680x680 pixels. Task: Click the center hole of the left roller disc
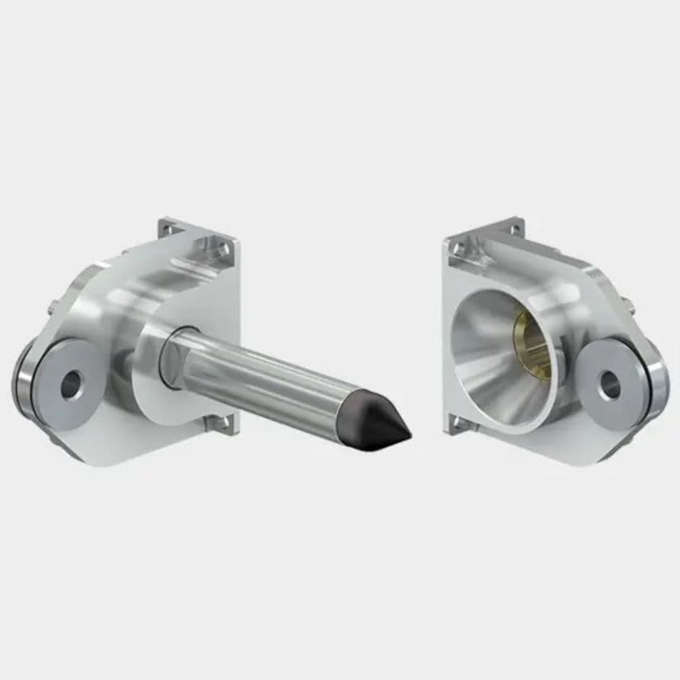coord(71,384)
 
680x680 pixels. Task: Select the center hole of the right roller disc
coord(609,384)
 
